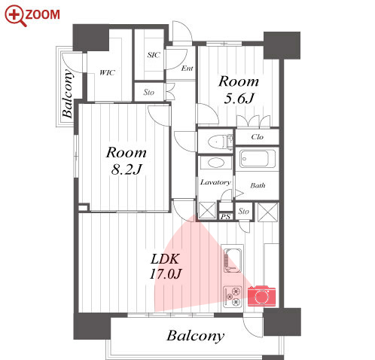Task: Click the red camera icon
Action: [261, 296]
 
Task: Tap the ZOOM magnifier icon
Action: [16, 16]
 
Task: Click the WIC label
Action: [107, 73]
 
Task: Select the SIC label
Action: [154, 55]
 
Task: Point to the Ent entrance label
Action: [187, 69]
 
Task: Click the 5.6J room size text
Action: [239, 98]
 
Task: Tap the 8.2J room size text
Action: [127, 169]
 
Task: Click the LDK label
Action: [165, 259]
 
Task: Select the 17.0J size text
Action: [166, 273]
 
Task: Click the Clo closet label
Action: [258, 137]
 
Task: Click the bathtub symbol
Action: [258, 159]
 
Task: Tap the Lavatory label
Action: [215, 182]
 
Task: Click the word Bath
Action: [258, 185]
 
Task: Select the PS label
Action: [225, 216]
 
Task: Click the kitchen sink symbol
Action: [233, 261]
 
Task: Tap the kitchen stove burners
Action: [233, 297]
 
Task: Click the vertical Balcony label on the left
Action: [67, 94]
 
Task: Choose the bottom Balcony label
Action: [196, 336]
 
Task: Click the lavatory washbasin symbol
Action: [215, 163]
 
